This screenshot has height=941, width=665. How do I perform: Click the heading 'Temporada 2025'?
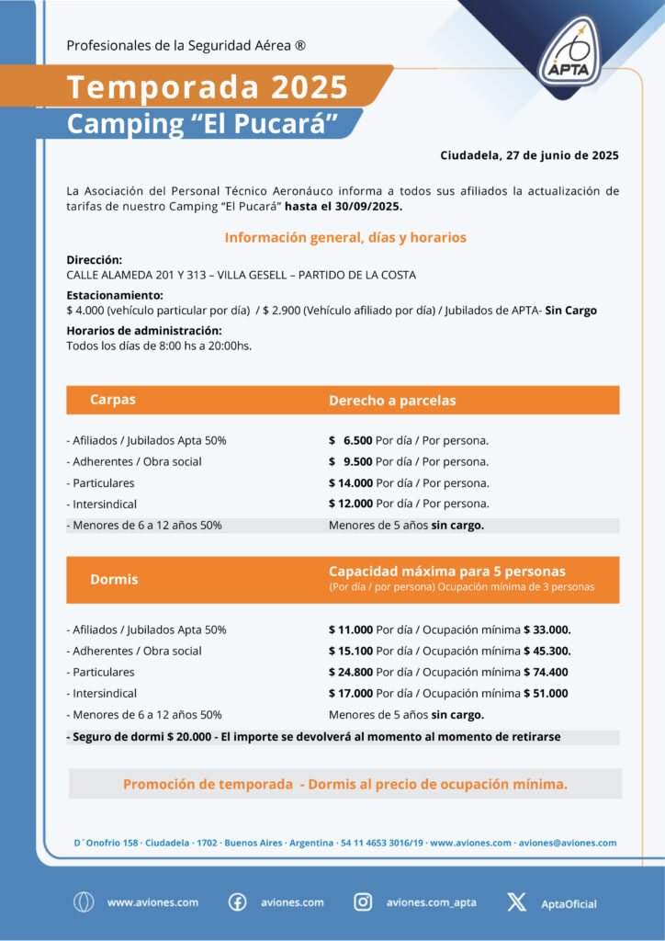point(208,87)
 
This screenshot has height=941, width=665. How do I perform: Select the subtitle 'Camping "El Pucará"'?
point(203,123)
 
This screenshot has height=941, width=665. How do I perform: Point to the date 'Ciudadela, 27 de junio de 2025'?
point(529,154)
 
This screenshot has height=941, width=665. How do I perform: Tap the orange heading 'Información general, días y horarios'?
point(345,238)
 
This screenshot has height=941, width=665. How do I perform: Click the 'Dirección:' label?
point(95,260)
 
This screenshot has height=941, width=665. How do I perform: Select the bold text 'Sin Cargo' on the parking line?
point(570,311)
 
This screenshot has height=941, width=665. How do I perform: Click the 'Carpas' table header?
point(113,400)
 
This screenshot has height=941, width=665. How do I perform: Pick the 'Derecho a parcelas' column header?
point(392,401)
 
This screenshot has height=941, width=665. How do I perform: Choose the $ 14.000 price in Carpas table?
point(351,482)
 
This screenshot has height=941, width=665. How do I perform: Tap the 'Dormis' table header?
point(114,580)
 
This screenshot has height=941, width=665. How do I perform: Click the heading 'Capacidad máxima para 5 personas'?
point(447,572)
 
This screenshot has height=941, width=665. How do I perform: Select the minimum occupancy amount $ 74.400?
point(546,672)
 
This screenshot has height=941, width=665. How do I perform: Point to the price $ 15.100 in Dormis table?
point(351,651)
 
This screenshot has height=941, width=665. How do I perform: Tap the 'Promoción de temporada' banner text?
point(345,784)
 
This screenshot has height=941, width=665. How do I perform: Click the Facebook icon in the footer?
point(237,902)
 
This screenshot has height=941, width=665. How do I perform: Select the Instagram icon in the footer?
point(364,902)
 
